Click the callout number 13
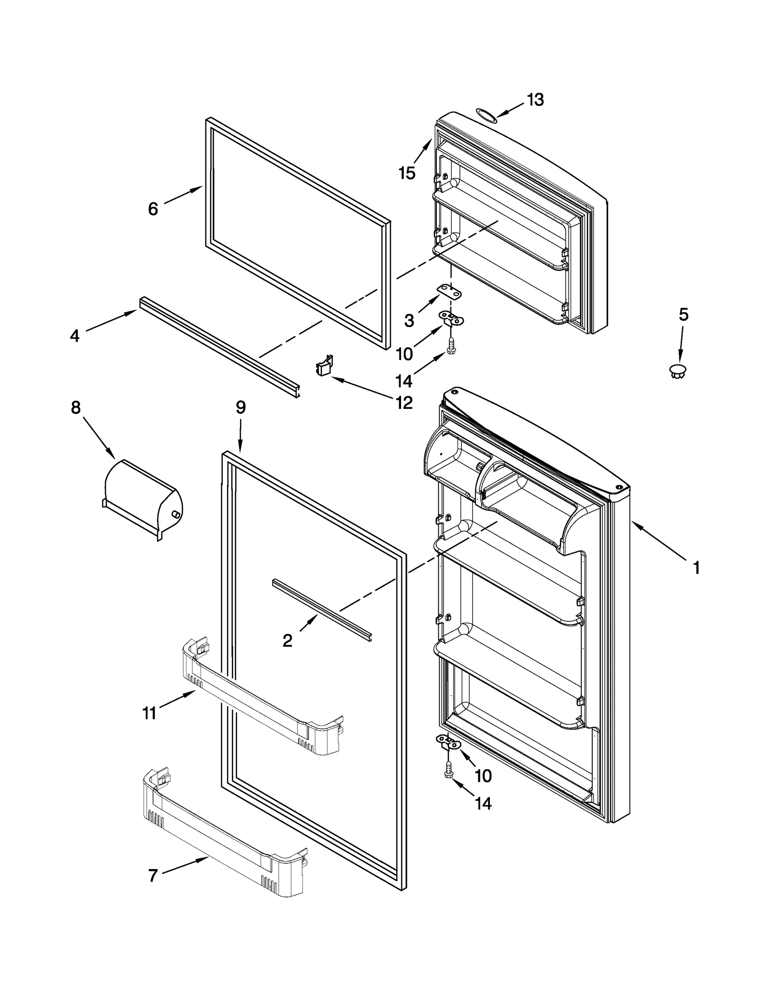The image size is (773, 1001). tap(535, 100)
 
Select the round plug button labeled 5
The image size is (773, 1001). tap(678, 371)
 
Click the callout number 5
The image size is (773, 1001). tap(683, 314)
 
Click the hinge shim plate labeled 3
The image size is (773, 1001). tap(449, 290)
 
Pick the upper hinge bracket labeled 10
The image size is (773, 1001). tap(451, 318)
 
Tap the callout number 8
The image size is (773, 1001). tap(76, 407)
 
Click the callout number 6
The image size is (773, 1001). tap(153, 209)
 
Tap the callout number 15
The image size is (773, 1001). tap(407, 173)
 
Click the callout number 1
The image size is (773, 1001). tap(696, 567)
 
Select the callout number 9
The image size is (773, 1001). tap(241, 407)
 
